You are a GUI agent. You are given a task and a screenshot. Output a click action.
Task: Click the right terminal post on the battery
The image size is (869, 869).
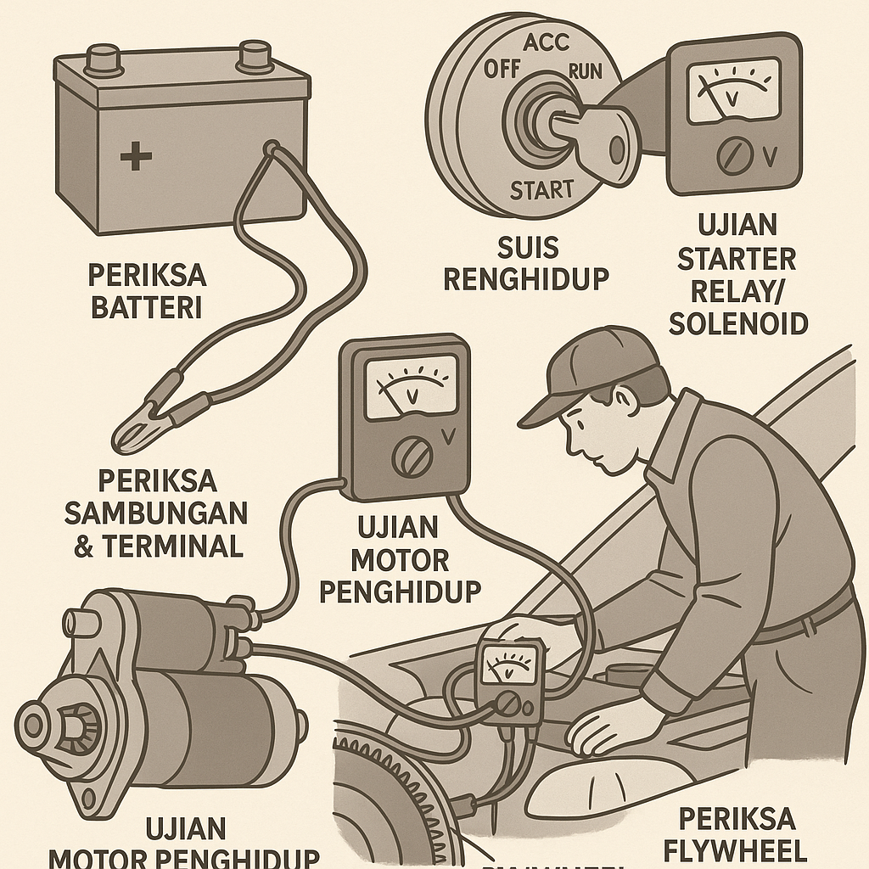pos(255,56)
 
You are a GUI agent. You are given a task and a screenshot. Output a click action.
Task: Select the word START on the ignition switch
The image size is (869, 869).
pos(541,190)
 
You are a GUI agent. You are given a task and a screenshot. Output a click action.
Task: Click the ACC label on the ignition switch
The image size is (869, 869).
pos(546,43)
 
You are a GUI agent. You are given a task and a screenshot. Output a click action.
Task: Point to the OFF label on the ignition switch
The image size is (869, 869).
pos(502,70)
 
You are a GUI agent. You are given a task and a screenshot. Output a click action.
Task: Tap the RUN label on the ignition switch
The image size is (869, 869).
pos(584,71)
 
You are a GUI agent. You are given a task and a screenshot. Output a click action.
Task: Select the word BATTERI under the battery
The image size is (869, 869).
pos(146,306)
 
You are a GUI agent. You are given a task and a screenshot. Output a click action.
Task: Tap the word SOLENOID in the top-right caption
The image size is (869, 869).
pos(737,323)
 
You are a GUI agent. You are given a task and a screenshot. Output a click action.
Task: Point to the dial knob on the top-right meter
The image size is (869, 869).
pos(732,158)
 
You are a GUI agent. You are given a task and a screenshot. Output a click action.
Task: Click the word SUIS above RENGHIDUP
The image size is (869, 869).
pos(527,248)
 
